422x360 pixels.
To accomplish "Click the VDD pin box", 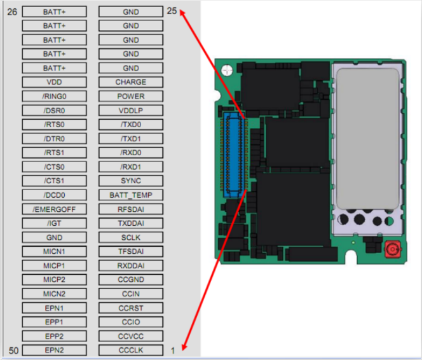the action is coord(55,82).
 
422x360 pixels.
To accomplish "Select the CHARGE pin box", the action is coord(131,82).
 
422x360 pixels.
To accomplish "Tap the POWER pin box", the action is coord(131,96).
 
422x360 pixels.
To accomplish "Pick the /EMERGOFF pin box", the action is coord(55,209).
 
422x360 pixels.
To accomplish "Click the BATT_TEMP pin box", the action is coord(131,195).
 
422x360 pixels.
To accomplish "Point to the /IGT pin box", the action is coord(55,223).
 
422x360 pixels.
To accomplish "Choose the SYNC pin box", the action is coord(131,181).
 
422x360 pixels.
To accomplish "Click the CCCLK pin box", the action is coord(131,350).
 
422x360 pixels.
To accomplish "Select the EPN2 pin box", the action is coord(55,350).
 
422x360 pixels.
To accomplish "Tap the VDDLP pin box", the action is coord(131,111).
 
